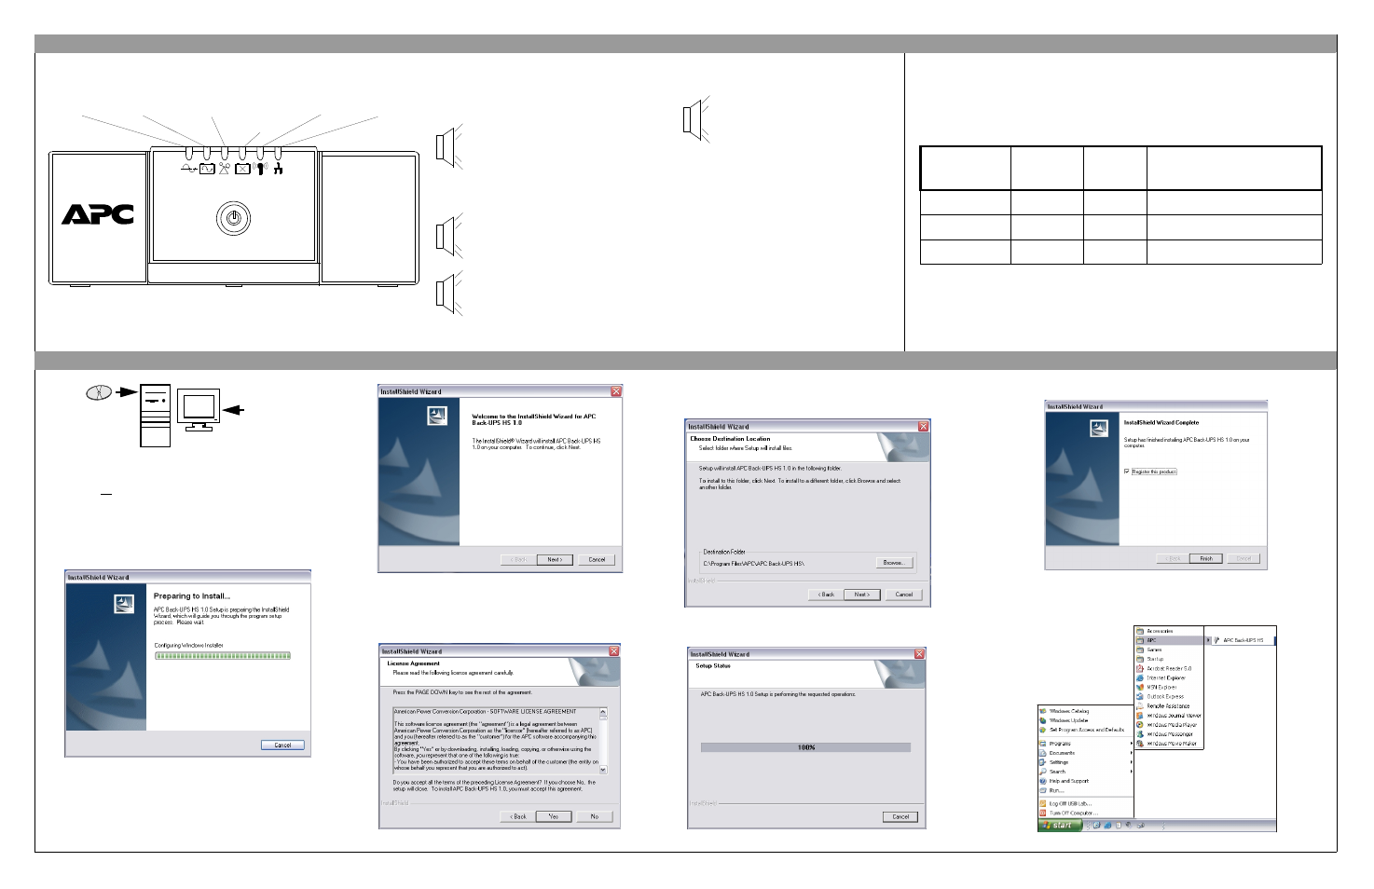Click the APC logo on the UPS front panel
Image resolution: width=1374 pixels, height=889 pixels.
98,214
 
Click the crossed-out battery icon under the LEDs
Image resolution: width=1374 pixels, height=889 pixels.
242,169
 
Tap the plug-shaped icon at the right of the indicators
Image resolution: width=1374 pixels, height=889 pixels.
278,168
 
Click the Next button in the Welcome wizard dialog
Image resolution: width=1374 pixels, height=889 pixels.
555,559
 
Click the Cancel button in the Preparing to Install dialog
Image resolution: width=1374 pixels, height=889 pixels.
282,745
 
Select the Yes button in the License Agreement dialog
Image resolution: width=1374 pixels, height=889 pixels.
553,816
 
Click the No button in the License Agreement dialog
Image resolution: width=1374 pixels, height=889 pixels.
595,816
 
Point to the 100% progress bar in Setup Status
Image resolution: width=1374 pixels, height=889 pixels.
805,747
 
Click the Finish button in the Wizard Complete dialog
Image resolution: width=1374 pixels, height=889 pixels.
1206,558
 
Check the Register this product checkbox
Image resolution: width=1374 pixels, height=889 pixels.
1127,472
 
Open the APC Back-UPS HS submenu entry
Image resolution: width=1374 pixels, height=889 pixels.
1243,640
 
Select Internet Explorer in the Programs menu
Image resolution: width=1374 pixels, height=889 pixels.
1165,677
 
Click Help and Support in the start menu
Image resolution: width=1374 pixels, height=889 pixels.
1068,781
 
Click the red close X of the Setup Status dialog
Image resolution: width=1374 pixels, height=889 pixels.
919,654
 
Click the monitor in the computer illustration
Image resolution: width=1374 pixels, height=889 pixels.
199,408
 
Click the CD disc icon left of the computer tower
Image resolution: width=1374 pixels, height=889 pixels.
98,392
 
